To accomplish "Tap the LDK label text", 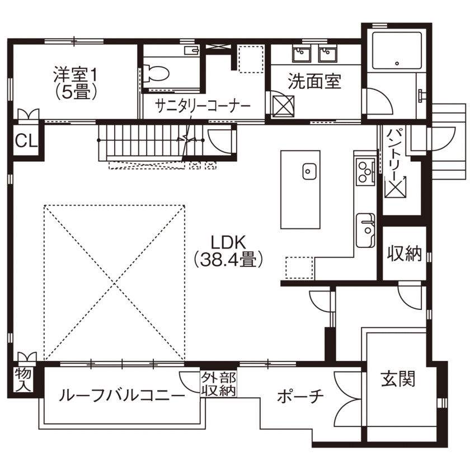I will tap(228, 242).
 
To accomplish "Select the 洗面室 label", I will tap(314, 82).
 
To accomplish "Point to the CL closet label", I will tap(25, 140).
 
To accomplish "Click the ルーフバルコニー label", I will tap(121, 396).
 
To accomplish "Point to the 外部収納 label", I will tap(218, 384).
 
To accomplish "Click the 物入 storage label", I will tap(22, 379).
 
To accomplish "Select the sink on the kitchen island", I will tap(309, 171).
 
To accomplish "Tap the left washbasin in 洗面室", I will tap(299, 54).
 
